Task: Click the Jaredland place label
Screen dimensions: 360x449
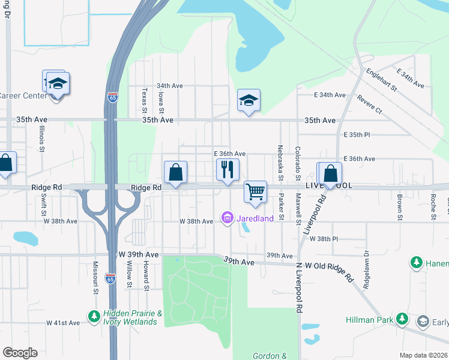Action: point(255,218)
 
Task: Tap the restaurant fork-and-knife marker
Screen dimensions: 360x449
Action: point(227,170)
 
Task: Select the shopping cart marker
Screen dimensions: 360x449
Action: point(256,192)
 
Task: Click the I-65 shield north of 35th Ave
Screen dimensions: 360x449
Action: point(112,96)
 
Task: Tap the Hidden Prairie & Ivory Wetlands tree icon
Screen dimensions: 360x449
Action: point(94,315)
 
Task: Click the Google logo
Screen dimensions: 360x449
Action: point(20,352)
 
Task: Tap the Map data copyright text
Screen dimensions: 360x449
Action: point(424,355)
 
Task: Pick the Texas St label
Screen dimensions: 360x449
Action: point(144,100)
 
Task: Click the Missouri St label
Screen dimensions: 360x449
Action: point(95,278)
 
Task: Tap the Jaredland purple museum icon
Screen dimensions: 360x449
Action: point(227,218)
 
